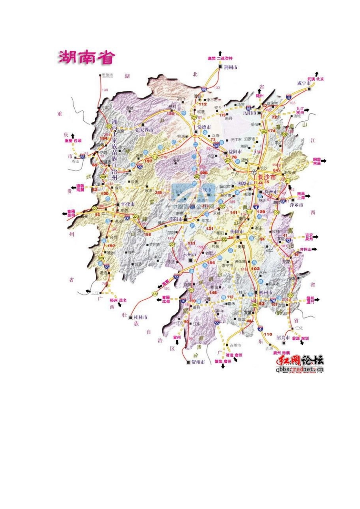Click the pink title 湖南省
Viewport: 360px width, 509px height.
pos(87,58)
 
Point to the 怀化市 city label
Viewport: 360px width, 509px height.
pos(128,204)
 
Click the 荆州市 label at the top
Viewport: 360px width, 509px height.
pos(230,67)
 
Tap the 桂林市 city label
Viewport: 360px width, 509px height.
pos(141,317)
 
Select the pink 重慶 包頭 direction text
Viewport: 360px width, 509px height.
pos(73,141)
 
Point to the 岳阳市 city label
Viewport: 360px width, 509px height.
pos(250,112)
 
